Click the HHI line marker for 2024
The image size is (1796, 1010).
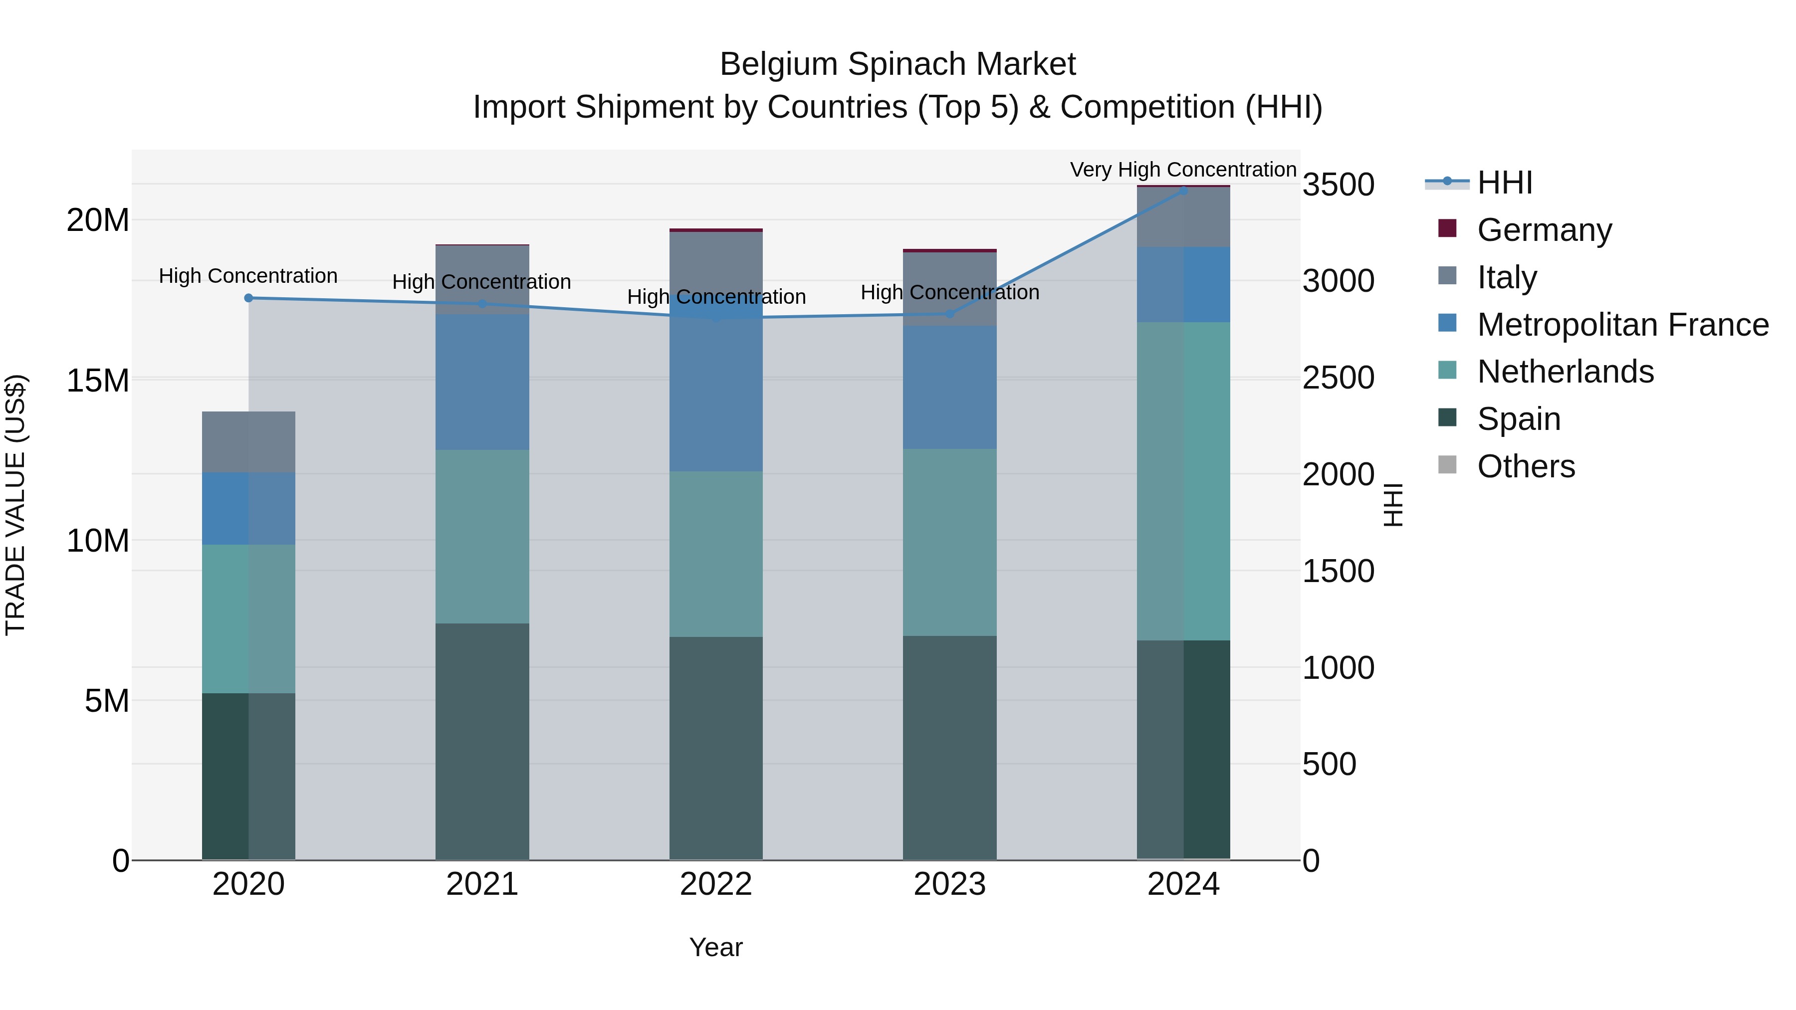pyautogui.click(x=1183, y=190)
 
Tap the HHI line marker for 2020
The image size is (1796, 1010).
pyautogui.click(x=248, y=298)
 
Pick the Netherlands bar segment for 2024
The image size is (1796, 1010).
pyautogui.click(x=1183, y=481)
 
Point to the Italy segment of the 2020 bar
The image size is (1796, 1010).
pyautogui.click(x=248, y=442)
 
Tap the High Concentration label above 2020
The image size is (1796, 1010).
pyautogui.click(x=248, y=276)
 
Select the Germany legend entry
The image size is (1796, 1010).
pyautogui.click(x=1544, y=230)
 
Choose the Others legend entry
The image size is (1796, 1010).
pyautogui.click(x=1526, y=466)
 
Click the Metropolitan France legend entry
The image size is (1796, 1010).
pyautogui.click(x=1622, y=324)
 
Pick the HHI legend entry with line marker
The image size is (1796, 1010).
pyautogui.click(x=1504, y=183)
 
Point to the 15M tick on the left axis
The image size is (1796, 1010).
pyautogui.click(x=98, y=381)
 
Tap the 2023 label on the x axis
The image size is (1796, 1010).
pyautogui.click(x=949, y=884)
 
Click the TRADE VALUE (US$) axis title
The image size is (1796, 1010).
pyautogui.click(x=15, y=505)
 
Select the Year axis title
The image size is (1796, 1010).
pyautogui.click(x=715, y=947)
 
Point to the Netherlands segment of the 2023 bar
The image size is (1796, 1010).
pyautogui.click(x=949, y=542)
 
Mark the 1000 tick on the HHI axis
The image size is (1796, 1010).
pyautogui.click(x=1338, y=668)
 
